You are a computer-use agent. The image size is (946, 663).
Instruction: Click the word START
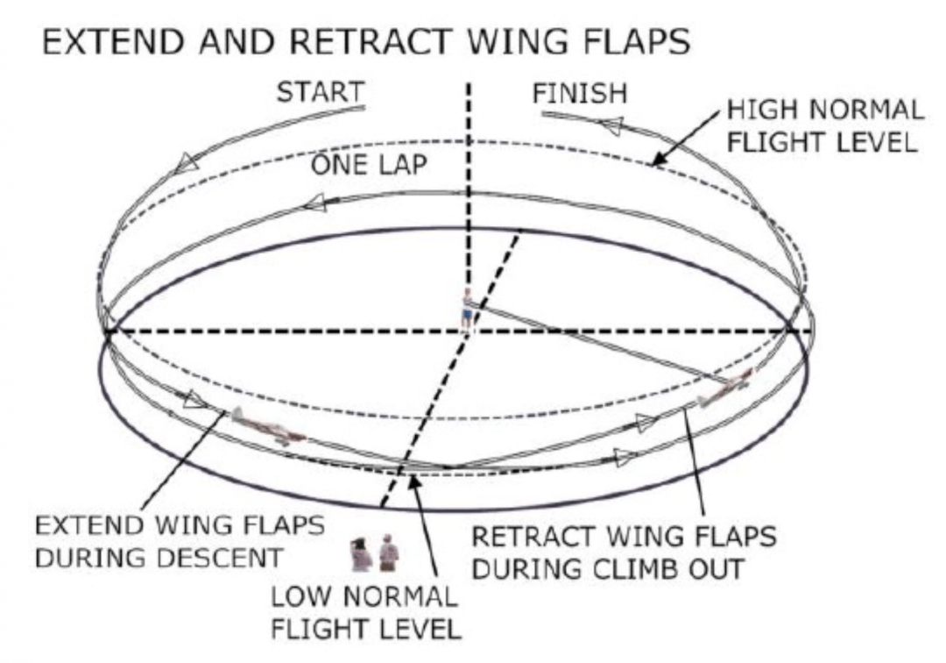[320, 93]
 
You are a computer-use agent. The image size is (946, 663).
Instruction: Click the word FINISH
[580, 93]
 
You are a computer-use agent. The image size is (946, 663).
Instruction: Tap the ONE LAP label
[369, 164]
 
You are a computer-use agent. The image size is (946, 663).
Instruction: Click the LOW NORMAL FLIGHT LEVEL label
[364, 613]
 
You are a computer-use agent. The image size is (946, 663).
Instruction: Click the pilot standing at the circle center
[468, 310]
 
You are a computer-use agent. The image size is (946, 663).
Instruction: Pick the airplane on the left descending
[266, 427]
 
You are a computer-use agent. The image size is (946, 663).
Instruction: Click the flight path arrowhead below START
[186, 161]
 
